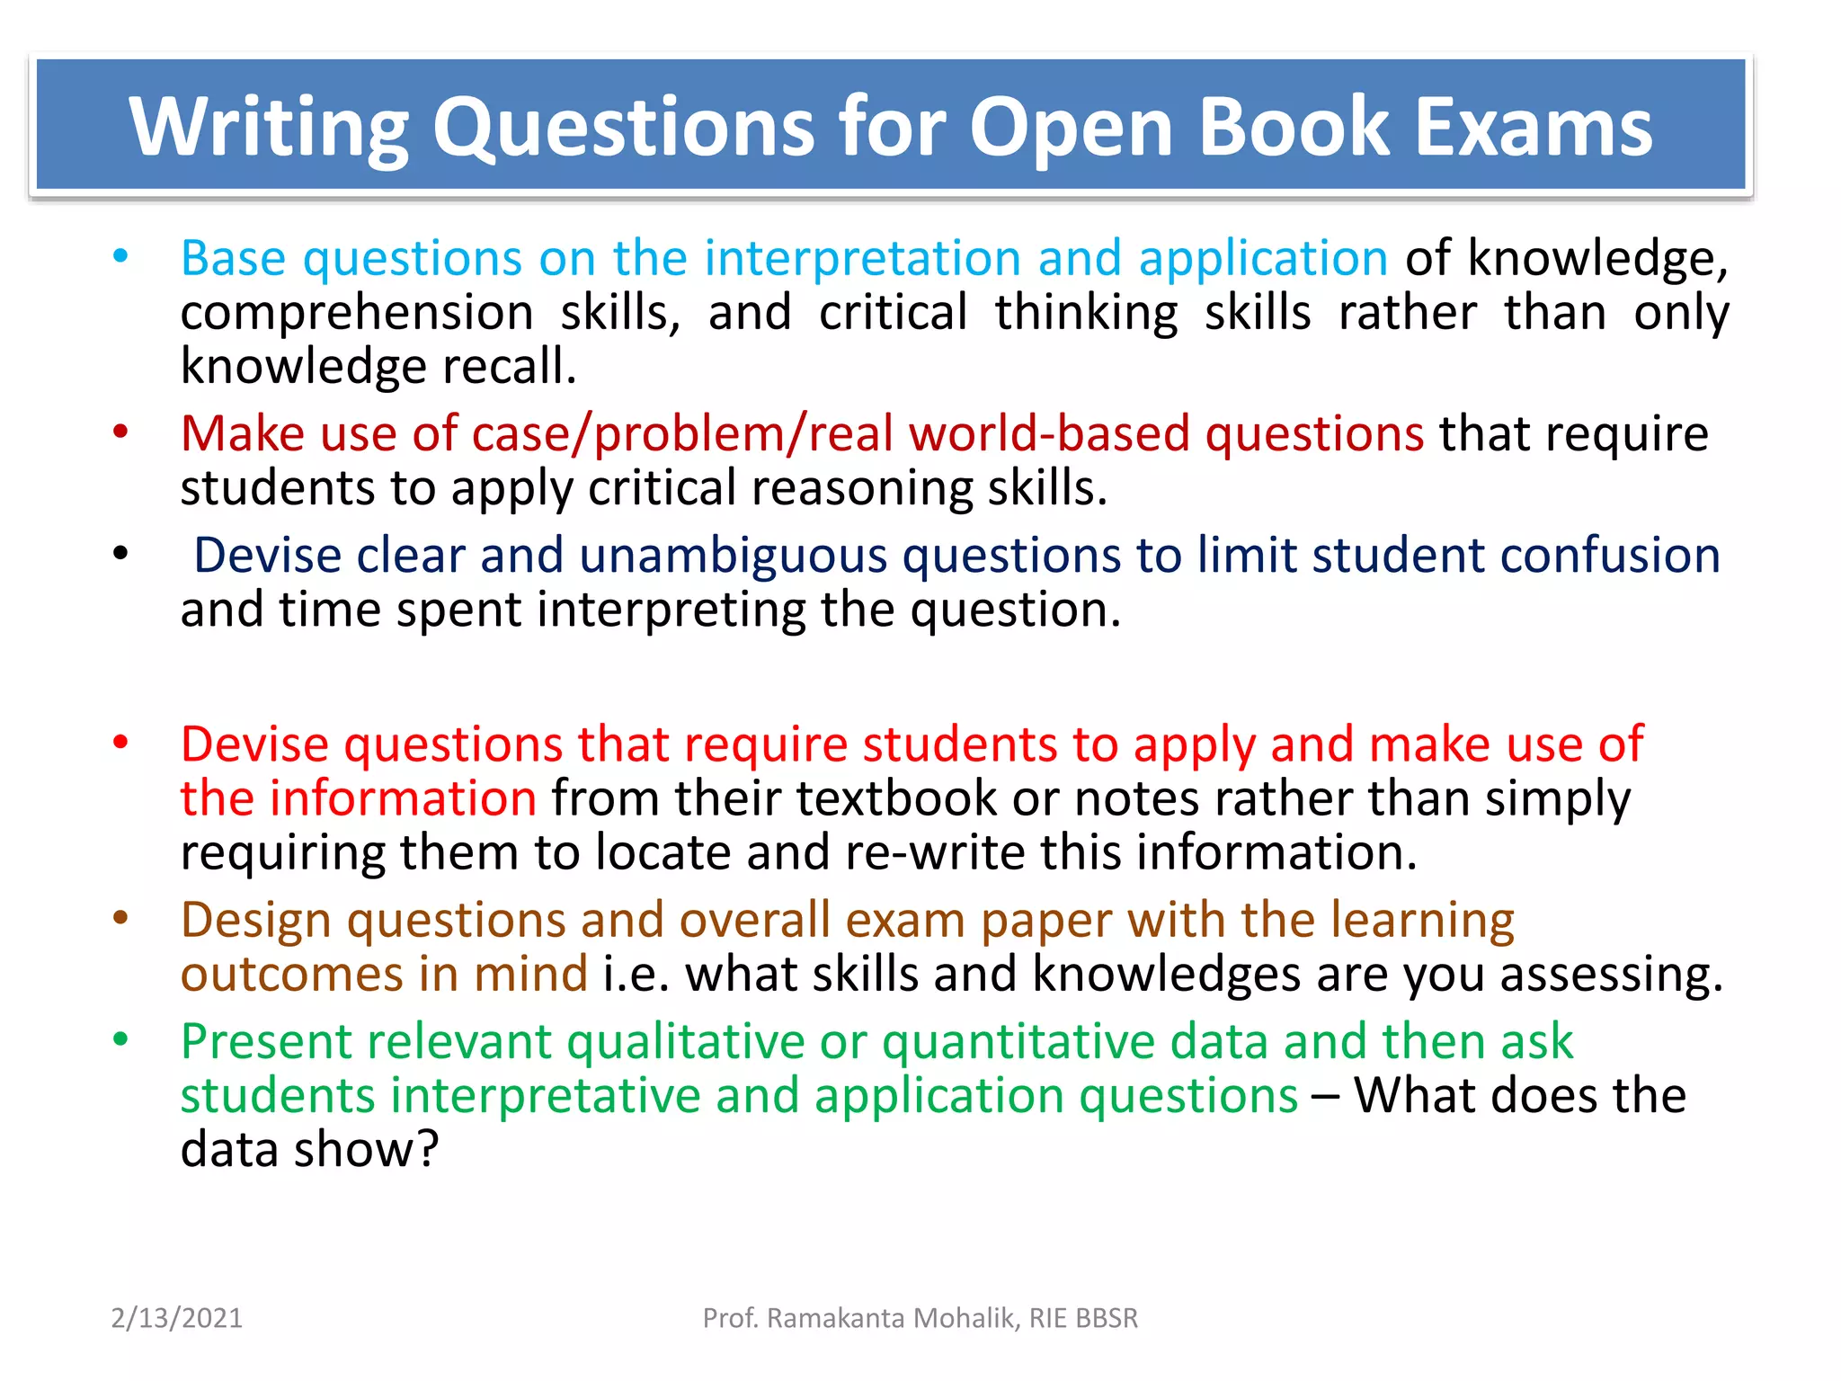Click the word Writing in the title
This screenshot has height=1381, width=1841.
pyautogui.click(x=270, y=127)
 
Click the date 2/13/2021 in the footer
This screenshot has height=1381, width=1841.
pyautogui.click(x=177, y=1318)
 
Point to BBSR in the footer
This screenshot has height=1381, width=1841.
pyautogui.click(x=1107, y=1318)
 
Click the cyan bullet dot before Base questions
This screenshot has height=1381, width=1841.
pyautogui.click(x=120, y=257)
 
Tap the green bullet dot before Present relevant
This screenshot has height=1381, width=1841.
pyautogui.click(x=120, y=1040)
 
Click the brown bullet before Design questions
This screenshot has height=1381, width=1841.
pyautogui.click(x=120, y=919)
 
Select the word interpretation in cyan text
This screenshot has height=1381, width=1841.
pyautogui.click(x=862, y=259)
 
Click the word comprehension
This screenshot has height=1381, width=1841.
pyautogui.click(x=357, y=314)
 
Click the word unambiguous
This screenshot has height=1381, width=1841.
pyautogui.click(x=734, y=556)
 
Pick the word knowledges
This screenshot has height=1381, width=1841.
pyautogui.click(x=1167, y=974)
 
